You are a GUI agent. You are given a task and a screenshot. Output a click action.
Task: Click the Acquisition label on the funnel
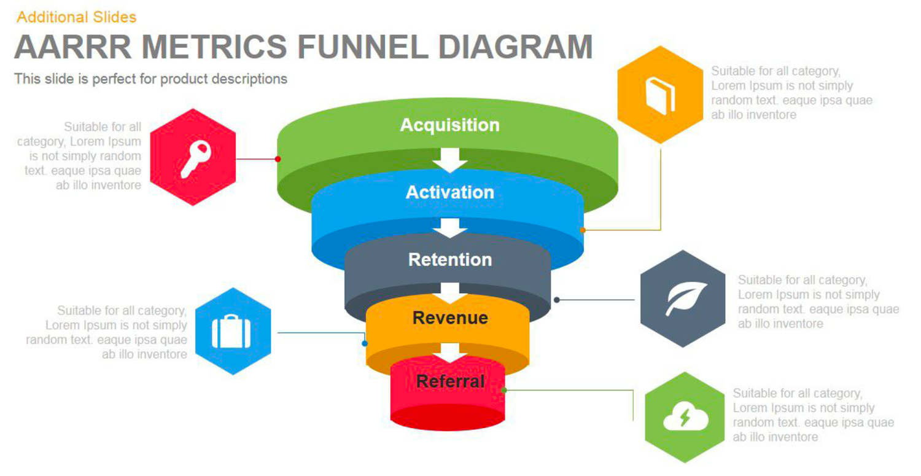pyautogui.click(x=450, y=125)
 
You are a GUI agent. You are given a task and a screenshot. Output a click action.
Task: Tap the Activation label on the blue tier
pyautogui.click(x=450, y=192)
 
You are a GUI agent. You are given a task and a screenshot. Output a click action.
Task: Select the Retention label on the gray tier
pyautogui.click(x=450, y=260)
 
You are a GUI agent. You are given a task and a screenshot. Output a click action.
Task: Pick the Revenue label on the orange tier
pyautogui.click(x=450, y=318)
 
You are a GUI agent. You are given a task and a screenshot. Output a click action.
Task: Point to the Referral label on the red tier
pyautogui.click(x=450, y=381)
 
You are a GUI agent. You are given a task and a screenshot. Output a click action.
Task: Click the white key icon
pyautogui.click(x=196, y=159)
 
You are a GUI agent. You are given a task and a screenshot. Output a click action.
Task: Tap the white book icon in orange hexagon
pyautogui.click(x=660, y=95)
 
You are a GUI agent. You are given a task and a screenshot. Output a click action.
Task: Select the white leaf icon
pyautogui.click(x=685, y=298)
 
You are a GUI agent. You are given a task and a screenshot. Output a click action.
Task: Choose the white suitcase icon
pyautogui.click(x=231, y=331)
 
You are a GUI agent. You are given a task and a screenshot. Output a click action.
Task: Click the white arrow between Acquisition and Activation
pyautogui.click(x=450, y=160)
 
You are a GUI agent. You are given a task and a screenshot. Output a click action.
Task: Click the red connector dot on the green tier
pyautogui.click(x=278, y=159)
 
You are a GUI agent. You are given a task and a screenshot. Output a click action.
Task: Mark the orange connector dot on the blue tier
pyautogui.click(x=583, y=230)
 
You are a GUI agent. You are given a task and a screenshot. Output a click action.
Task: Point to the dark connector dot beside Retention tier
pyautogui.click(x=557, y=300)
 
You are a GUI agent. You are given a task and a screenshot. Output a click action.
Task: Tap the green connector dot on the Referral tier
pyautogui.click(x=504, y=390)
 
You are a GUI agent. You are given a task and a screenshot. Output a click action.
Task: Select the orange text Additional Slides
pyautogui.click(x=77, y=17)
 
